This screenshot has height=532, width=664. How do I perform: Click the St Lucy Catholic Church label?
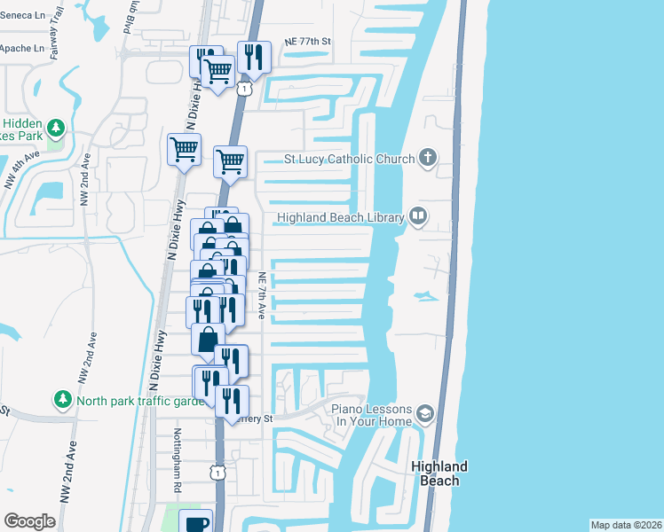click(x=349, y=160)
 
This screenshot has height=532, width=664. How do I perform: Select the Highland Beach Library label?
click(x=341, y=217)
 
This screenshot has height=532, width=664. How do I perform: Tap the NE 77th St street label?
click(x=307, y=42)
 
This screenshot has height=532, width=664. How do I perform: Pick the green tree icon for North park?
click(x=62, y=400)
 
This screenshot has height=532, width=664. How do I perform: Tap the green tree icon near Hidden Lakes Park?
click(x=56, y=129)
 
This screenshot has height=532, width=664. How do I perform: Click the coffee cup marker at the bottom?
click(x=195, y=523)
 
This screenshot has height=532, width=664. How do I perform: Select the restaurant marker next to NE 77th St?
click(x=255, y=58)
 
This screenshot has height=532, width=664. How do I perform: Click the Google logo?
click(x=29, y=521)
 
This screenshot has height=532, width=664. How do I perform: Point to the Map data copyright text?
click(x=626, y=525)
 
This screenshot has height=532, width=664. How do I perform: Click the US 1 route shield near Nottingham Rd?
click(x=217, y=473)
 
